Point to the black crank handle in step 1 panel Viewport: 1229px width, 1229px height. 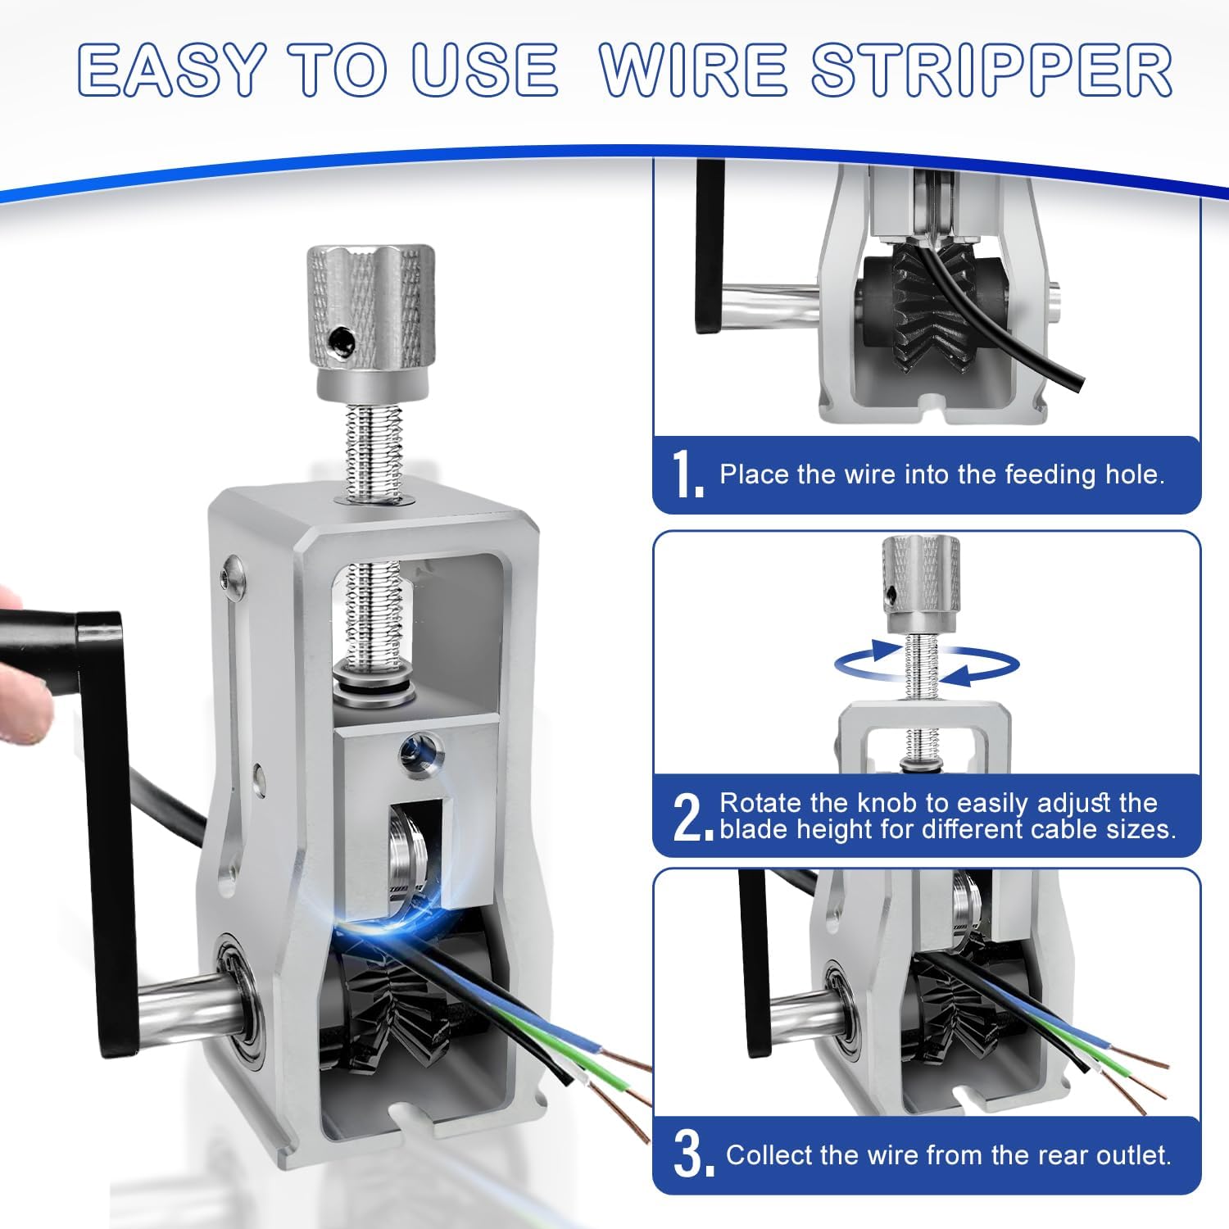[x=710, y=246]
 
